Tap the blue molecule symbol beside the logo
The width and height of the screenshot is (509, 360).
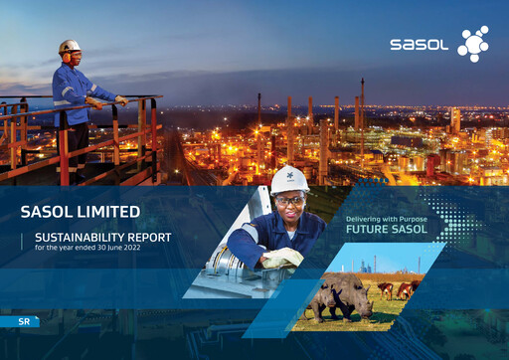pos(472,44)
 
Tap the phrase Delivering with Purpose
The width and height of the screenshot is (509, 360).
pos(387,218)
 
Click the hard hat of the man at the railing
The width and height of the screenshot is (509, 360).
pos(70,46)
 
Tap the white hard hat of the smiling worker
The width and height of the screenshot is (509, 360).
pos(290,179)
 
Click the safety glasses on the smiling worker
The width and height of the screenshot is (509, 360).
pos(289,199)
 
